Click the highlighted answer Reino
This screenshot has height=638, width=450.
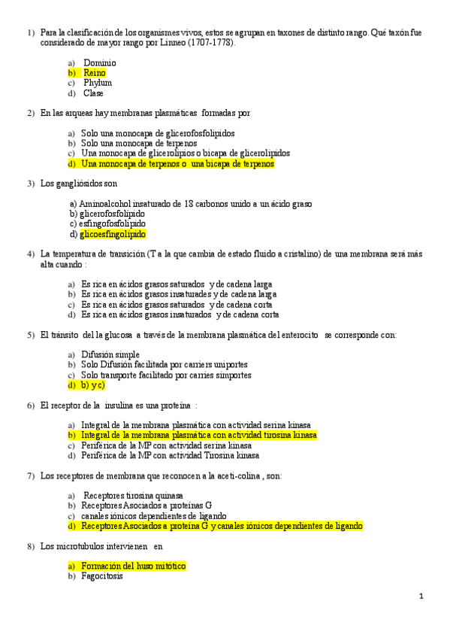[95, 73]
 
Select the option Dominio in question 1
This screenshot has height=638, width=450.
[99, 62]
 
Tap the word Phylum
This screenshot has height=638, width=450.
[98, 83]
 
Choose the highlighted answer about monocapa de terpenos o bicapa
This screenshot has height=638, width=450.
[177, 163]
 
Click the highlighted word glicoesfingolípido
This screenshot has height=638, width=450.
[113, 234]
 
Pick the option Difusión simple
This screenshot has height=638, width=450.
[110, 354]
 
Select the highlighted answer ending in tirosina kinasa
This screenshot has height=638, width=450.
[198, 435]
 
